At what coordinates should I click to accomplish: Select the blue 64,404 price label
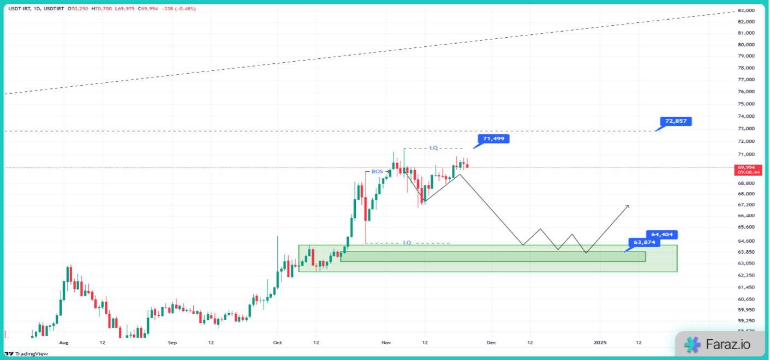pos(661,235)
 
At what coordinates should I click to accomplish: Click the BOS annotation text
pos(377,171)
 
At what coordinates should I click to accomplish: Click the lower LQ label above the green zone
pos(407,242)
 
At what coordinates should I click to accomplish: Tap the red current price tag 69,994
pos(749,168)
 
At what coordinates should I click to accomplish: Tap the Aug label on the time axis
pos(64,343)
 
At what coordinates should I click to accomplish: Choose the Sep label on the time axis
pos(172,343)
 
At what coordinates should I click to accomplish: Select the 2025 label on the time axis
pos(600,343)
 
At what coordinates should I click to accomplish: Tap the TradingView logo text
pos(31,353)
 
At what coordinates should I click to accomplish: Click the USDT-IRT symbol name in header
pos(19,9)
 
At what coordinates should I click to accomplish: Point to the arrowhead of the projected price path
pos(628,206)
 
